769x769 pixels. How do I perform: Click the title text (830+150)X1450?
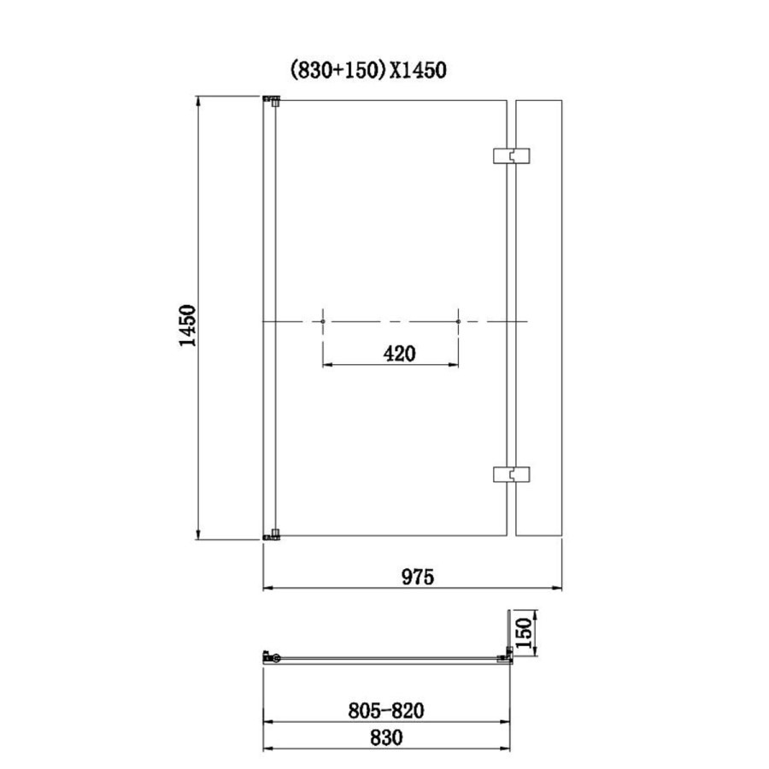[x=368, y=70]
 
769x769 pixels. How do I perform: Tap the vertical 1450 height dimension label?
[x=187, y=326]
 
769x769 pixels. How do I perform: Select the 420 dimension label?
[x=399, y=354]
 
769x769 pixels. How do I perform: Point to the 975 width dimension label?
[x=418, y=577]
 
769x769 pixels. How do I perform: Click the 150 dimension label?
[x=524, y=632]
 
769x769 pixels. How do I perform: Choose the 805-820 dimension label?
[x=386, y=710]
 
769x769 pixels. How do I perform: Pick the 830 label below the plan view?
[x=386, y=737]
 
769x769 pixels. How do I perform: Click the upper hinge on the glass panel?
[x=511, y=156]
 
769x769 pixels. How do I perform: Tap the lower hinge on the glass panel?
[x=511, y=474]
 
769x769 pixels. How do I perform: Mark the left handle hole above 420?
[x=323, y=322]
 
